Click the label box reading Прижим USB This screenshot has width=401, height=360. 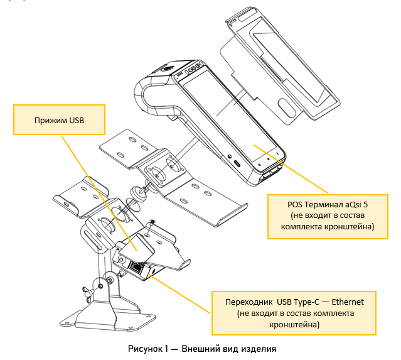[x=60, y=119]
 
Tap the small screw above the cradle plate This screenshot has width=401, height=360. [x=152, y=222]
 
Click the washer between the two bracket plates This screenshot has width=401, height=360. [x=137, y=190]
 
